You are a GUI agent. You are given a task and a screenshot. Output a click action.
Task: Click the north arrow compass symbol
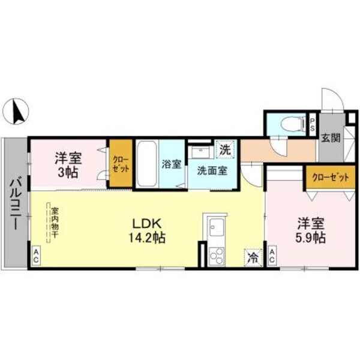click(x=19, y=111)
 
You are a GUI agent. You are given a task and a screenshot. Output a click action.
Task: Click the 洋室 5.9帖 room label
click(x=311, y=230)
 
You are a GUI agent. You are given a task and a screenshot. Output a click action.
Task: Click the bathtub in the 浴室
click(x=146, y=163)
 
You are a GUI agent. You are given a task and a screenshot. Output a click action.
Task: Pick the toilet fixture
click(x=292, y=125)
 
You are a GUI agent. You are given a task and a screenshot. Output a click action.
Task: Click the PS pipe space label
click(x=313, y=125)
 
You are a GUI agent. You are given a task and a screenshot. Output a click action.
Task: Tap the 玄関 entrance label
click(x=330, y=137)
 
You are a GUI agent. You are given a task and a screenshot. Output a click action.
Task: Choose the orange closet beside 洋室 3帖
click(x=120, y=164)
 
